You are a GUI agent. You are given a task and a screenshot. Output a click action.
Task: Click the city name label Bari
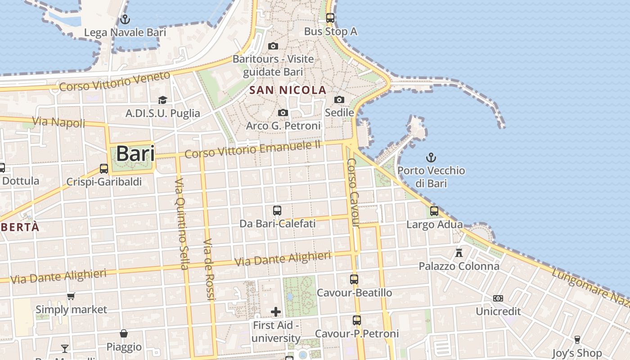click(x=135, y=154)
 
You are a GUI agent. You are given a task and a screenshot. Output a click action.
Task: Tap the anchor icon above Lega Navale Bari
click(x=125, y=19)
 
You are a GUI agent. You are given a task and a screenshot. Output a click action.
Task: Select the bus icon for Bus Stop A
click(x=330, y=18)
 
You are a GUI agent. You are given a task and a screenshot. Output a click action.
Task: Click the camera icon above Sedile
click(x=339, y=99)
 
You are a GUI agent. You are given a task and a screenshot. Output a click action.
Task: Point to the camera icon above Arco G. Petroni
click(x=283, y=112)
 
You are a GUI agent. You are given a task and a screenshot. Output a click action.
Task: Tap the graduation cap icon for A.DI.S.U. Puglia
click(x=162, y=100)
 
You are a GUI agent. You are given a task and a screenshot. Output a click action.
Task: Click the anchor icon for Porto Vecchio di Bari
click(x=431, y=157)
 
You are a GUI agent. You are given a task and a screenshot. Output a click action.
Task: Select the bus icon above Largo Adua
click(x=434, y=211)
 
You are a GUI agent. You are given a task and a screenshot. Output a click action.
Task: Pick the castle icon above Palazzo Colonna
click(x=459, y=253)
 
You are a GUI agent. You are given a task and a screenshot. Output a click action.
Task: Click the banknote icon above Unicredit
click(x=498, y=298)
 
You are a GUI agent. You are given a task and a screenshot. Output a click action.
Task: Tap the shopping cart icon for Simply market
click(x=71, y=296)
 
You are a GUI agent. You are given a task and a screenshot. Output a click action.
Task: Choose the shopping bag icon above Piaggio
click(x=124, y=333)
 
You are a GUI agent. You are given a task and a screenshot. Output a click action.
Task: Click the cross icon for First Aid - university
click(x=276, y=311)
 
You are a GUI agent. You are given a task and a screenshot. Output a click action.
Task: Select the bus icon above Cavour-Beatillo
click(x=354, y=279)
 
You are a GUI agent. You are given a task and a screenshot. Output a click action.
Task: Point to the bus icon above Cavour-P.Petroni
click(x=357, y=320)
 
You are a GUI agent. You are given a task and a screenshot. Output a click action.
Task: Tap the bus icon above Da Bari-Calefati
click(x=277, y=210)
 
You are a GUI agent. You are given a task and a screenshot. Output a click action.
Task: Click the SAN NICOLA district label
click(x=288, y=90)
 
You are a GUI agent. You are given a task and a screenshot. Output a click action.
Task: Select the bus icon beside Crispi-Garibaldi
click(x=104, y=169)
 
